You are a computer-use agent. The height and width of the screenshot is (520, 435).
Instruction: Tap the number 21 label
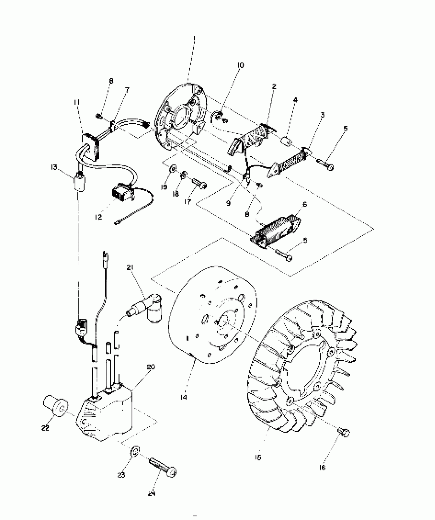130,267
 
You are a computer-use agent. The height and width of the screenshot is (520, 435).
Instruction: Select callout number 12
98,217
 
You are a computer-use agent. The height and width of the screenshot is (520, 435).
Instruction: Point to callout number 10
241,65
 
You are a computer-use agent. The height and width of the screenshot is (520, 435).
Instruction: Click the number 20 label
151,367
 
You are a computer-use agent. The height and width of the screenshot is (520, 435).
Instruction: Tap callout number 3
322,115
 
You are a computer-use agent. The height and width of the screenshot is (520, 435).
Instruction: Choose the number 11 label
77,103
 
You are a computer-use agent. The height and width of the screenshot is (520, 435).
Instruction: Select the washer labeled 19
173,169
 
